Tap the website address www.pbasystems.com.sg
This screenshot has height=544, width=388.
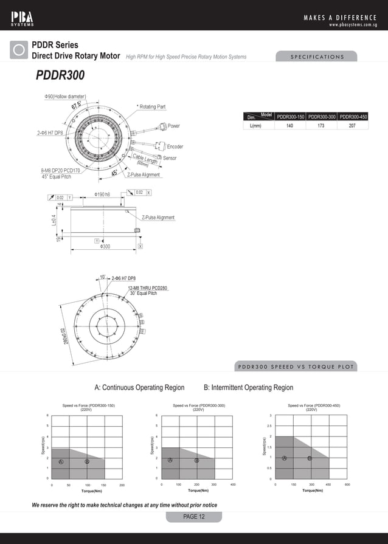(x=353, y=25)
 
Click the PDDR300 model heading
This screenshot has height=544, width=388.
(x=60, y=75)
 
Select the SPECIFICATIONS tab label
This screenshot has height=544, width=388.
(x=316, y=57)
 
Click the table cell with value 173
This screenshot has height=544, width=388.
(x=322, y=126)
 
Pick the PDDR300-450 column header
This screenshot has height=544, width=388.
(x=353, y=117)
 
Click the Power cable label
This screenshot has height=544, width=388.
(x=173, y=126)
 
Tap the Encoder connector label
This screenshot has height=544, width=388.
(x=175, y=146)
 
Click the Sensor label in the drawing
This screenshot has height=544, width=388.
(x=170, y=158)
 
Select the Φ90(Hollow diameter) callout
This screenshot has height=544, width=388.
(x=65, y=97)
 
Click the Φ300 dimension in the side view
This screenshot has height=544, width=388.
(x=105, y=246)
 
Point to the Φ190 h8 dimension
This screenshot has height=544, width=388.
(x=102, y=195)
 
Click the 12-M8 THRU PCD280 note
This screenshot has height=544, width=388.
(x=147, y=287)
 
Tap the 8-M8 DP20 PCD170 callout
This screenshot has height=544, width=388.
(x=60, y=171)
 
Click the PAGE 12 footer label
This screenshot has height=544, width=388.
(x=194, y=517)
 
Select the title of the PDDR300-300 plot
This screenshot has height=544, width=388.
(x=199, y=407)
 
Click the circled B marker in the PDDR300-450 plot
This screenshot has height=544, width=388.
(x=310, y=458)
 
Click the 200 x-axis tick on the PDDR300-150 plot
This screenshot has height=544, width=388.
(x=122, y=485)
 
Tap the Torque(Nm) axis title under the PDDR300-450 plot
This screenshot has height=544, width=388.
(x=311, y=490)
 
